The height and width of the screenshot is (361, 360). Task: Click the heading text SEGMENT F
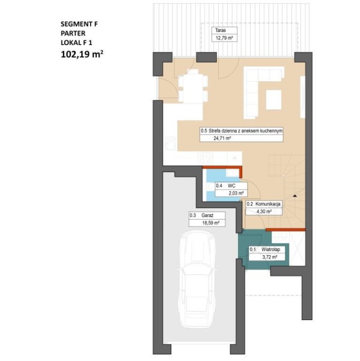pyautogui.click(x=79, y=24)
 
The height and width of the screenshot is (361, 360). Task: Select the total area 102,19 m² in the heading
pyautogui.click(x=82, y=54)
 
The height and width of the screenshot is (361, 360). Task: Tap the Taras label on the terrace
pyautogui.click(x=221, y=30)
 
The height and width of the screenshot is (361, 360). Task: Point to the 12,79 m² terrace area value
pyautogui.click(x=223, y=38)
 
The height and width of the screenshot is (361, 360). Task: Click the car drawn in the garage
pyautogui.click(x=197, y=279)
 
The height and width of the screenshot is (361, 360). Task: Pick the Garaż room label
pyautogui.click(x=207, y=215)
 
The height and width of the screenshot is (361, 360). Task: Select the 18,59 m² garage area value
pyautogui.click(x=210, y=223)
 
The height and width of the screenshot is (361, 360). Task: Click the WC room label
pyautogui.click(x=231, y=186)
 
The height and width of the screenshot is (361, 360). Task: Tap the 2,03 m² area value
pyautogui.click(x=236, y=193)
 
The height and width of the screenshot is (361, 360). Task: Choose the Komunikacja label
pyautogui.click(x=268, y=204)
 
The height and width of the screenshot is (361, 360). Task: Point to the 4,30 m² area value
pyautogui.click(x=264, y=211)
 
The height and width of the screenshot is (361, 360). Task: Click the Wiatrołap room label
pyautogui.click(x=270, y=249)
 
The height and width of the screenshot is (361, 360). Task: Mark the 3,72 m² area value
pyautogui.click(x=270, y=257)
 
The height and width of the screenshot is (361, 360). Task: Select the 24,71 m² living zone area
pyautogui.click(x=222, y=138)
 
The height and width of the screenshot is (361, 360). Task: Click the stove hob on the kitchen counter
pyautogui.click(x=206, y=158)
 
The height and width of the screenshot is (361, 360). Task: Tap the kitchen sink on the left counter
pyautogui.click(x=171, y=144)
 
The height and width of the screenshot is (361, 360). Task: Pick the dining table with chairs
pyautogui.click(x=193, y=86)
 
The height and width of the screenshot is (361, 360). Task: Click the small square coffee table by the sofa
pyautogui.click(x=273, y=100)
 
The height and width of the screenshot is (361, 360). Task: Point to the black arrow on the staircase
pyautogui.click(x=295, y=196)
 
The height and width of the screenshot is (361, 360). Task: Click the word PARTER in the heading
pyautogui.click(x=73, y=33)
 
